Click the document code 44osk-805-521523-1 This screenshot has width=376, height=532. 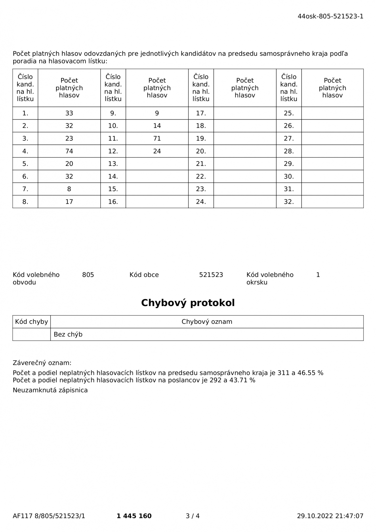pos(330,16)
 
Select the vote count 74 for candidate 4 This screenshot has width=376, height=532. pos(69,151)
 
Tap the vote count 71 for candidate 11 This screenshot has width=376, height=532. pos(157,139)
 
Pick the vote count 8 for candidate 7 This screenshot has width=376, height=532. pos(69,189)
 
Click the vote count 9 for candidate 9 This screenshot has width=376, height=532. pos(157,113)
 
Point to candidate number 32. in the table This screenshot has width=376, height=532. pos(289,202)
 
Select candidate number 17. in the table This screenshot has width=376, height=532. pos(201,113)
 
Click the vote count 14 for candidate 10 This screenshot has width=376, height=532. pos(157,126)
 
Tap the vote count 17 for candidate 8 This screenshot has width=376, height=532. pos(69,202)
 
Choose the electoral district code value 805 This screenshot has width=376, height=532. pos(88,275)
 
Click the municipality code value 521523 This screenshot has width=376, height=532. pos(211,275)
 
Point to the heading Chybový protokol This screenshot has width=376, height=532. pos(188,303)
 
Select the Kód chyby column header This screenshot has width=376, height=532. pos(32,322)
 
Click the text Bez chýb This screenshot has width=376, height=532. pos(68,334)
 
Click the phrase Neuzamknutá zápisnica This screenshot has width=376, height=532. pos(50,390)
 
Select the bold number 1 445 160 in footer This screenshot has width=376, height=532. pos(134,516)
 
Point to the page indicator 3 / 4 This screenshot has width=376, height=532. pos(193,516)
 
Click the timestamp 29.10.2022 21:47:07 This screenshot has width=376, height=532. pos(330,516)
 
